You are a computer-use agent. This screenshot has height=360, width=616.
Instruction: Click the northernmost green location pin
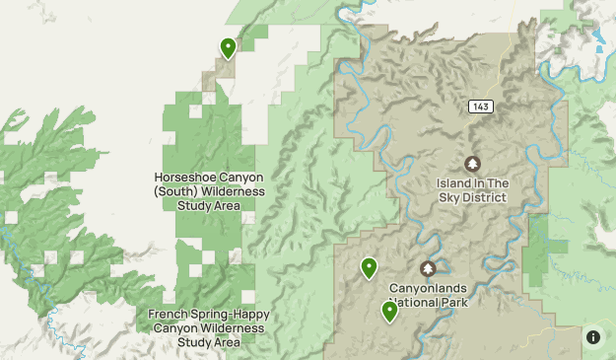[228, 47]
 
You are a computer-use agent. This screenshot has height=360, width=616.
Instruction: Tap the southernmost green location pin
[389, 312]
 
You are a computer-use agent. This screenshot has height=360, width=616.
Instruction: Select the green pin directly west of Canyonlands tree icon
[369, 266]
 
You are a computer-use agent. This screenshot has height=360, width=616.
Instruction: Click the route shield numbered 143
[480, 107]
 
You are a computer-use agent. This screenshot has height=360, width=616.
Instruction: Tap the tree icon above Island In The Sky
[472, 164]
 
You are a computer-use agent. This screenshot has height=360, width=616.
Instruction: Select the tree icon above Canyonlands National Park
[428, 268]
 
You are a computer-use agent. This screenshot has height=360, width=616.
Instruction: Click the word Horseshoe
[181, 178]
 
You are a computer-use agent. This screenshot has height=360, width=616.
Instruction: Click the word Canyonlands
[428, 288]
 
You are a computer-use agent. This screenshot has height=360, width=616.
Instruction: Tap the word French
[170, 314]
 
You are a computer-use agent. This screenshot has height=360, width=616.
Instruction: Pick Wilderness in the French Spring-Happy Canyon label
[230, 327]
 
